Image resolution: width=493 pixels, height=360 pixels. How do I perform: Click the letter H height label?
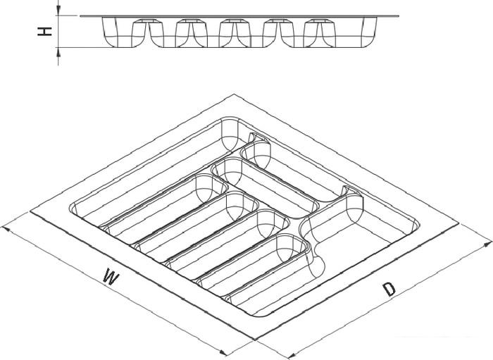[44, 32]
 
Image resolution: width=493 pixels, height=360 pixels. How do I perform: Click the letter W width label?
[111, 276]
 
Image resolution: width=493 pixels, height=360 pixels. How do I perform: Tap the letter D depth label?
[389, 289]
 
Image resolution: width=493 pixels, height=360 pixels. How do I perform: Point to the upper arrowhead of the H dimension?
[58, 11]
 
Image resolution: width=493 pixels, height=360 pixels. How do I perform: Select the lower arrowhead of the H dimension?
[58, 53]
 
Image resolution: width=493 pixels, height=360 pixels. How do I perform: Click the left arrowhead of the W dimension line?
[6, 229]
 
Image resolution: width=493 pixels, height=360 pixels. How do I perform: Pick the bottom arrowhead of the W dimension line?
[223, 352]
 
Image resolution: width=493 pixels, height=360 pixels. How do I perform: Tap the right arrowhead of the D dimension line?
[487, 243]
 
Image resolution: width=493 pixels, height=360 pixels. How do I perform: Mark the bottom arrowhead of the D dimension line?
[293, 354]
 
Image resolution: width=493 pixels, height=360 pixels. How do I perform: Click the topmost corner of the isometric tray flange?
[233, 94]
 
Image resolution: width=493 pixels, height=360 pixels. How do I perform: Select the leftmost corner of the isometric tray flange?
[30, 211]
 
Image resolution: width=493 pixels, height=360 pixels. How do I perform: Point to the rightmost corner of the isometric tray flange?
[458, 224]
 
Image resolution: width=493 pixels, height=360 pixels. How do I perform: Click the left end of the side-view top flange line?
[80, 15]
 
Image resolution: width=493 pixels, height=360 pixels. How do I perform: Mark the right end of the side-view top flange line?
[399, 15]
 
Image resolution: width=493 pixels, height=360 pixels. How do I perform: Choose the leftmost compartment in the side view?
[125, 32]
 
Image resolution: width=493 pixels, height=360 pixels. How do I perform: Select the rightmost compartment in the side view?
[349, 32]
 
